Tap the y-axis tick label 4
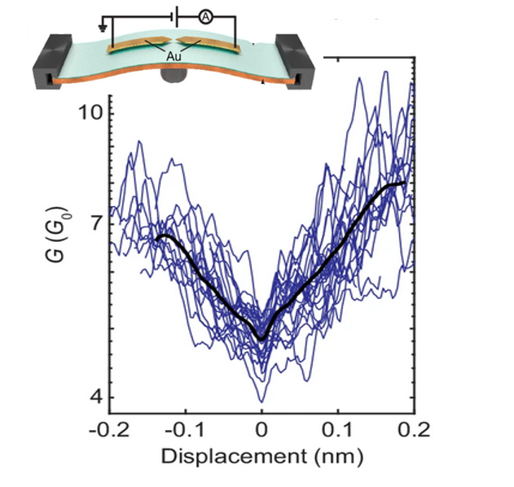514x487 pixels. click(x=97, y=397)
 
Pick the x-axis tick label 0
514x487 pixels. click(x=262, y=429)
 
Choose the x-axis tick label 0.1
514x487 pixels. click(x=337, y=429)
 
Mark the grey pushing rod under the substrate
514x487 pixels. click(x=173, y=76)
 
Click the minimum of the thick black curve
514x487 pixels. click(x=261, y=337)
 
